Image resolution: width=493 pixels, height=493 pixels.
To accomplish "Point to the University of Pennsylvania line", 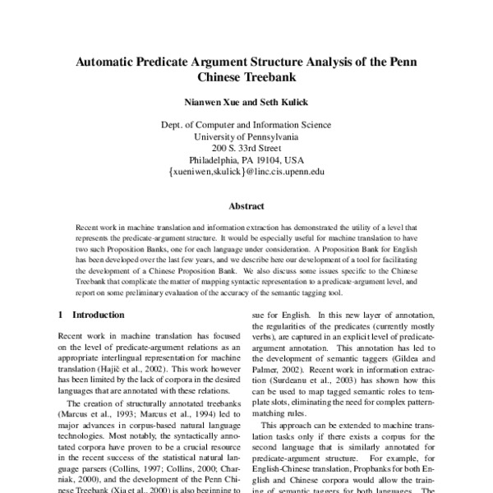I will (246, 137).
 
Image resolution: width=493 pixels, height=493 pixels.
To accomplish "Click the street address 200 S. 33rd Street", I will (246, 149).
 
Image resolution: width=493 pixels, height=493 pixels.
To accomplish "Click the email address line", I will (246, 173).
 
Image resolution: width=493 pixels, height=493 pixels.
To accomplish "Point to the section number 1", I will (62, 315).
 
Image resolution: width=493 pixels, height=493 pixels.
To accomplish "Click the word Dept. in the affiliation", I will (173, 125).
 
